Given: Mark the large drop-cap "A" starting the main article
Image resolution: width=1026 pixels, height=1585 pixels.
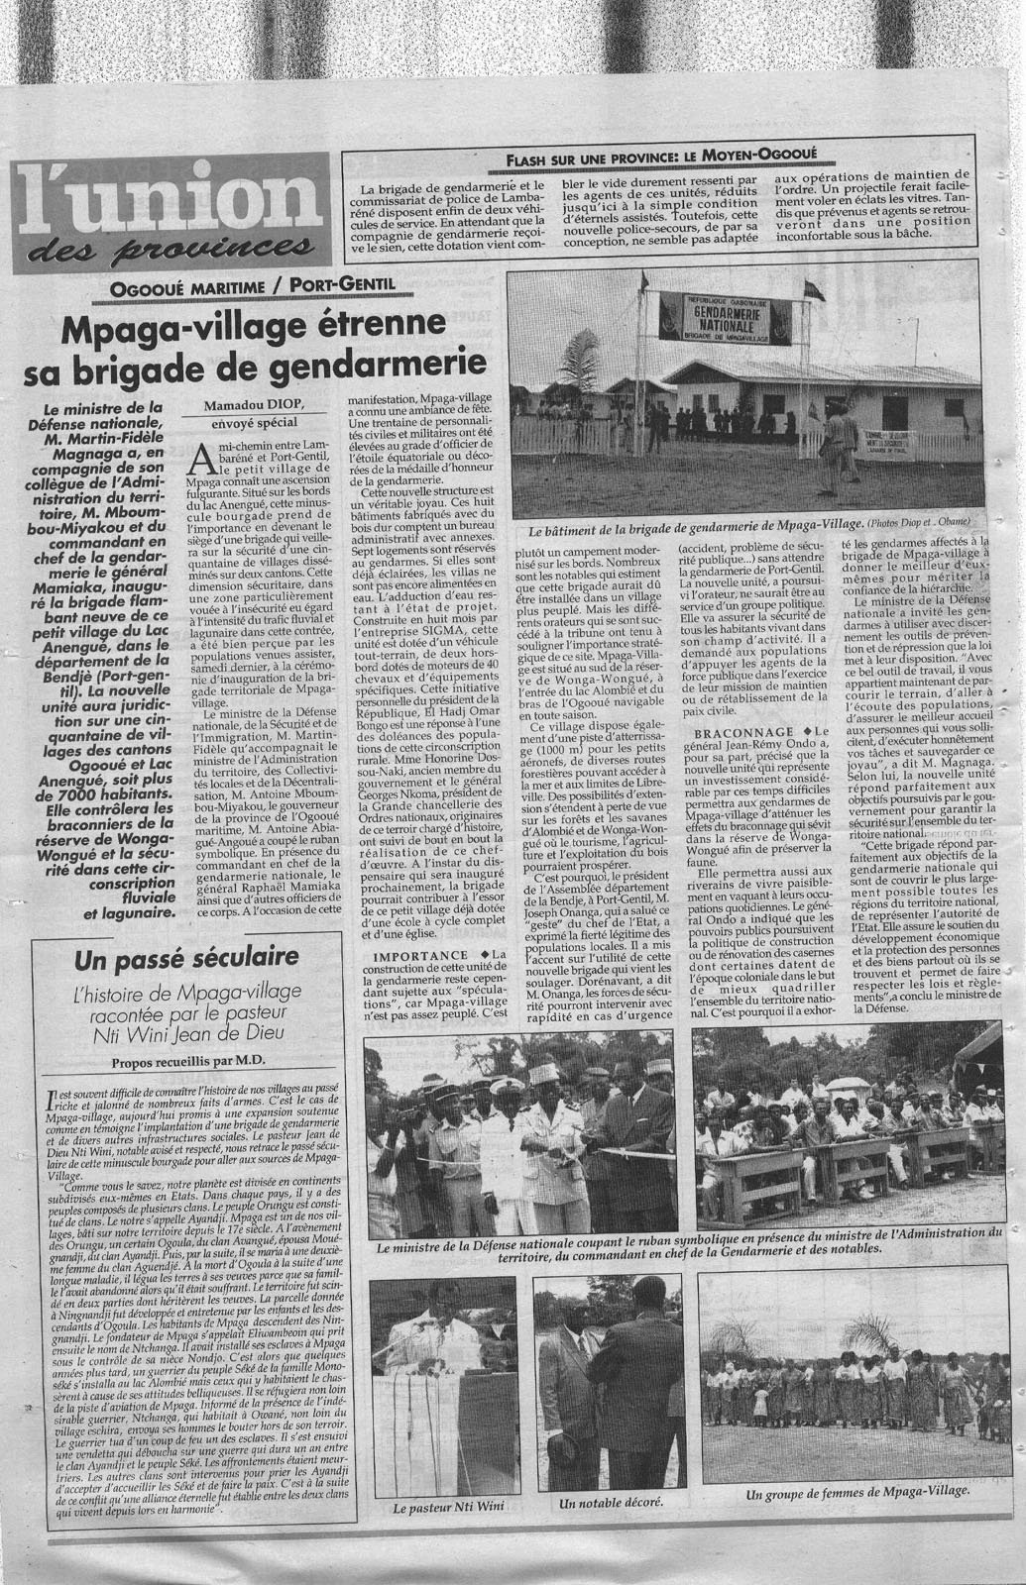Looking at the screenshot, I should (x=203, y=457).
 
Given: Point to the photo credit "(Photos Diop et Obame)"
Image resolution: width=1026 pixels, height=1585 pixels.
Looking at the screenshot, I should (x=920, y=523).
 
